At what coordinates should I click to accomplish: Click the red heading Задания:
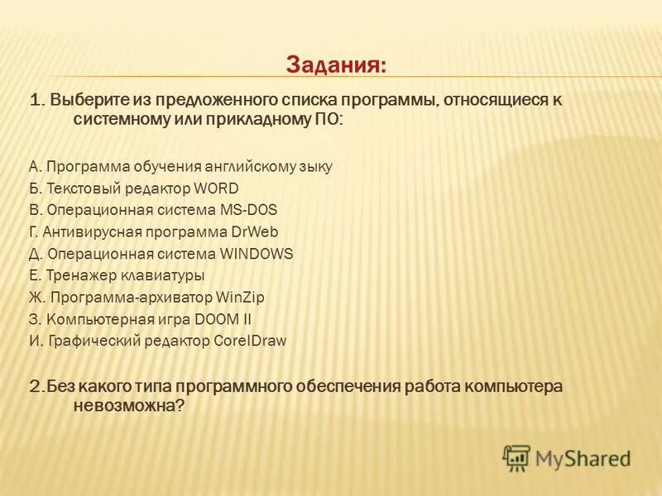click(x=336, y=64)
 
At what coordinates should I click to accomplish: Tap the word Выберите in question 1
click(x=83, y=101)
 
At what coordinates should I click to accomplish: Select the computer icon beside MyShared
click(x=516, y=457)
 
